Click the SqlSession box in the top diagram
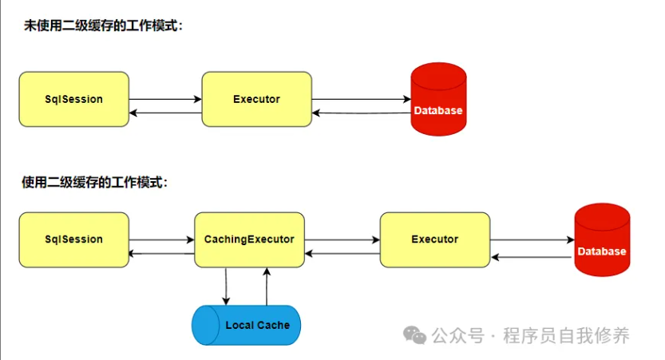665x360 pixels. [x=74, y=99]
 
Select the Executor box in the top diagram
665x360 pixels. [x=256, y=99]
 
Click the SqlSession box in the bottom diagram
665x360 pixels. [x=74, y=239]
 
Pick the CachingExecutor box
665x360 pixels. [x=249, y=239]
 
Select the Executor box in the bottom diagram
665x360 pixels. [x=434, y=239]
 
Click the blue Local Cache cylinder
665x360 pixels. [x=247, y=325]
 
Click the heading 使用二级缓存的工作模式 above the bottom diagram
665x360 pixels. [x=95, y=182]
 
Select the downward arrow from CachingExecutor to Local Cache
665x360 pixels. [x=226, y=286]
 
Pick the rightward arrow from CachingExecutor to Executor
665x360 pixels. [x=342, y=239]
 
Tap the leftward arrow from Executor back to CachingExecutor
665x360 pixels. [x=342, y=254]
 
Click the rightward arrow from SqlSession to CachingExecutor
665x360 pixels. [x=161, y=239]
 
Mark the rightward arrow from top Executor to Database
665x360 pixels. [x=360, y=99]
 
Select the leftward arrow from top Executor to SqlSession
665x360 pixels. [x=165, y=113]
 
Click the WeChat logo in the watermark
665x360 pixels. [x=414, y=335]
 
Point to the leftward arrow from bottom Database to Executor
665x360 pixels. [x=532, y=257]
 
